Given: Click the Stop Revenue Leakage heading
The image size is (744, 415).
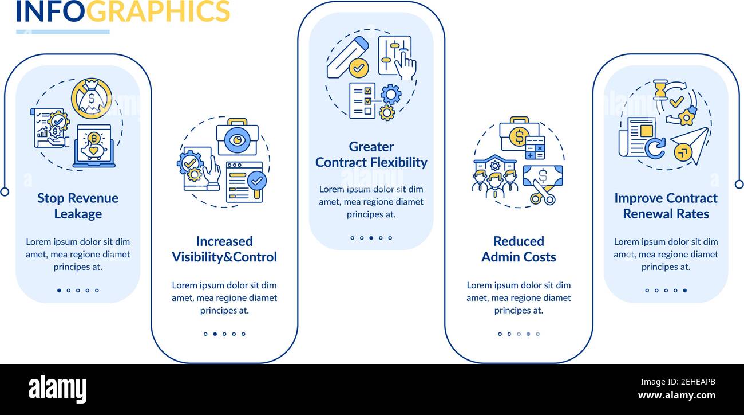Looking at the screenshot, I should [x=78, y=206].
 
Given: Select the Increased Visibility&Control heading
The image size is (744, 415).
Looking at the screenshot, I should [x=224, y=249].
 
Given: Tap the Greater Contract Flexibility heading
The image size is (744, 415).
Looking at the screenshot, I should [x=371, y=155].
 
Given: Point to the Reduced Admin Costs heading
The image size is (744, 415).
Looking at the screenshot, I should [x=519, y=249].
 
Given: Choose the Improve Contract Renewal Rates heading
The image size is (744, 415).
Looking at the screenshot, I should [x=666, y=206].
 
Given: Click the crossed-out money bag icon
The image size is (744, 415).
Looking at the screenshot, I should [x=92, y=99].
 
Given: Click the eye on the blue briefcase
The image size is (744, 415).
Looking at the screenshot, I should [x=237, y=139].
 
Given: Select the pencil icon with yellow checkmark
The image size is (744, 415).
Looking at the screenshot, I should [x=349, y=58].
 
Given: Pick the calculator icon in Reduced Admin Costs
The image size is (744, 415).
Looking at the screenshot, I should [x=535, y=148].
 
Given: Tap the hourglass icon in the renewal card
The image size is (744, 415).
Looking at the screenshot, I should [x=660, y=89].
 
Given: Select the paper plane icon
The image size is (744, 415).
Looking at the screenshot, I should [x=688, y=146].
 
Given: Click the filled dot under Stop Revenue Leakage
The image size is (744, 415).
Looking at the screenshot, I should [x=59, y=291].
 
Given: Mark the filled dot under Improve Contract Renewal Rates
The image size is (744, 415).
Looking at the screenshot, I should [x=684, y=291].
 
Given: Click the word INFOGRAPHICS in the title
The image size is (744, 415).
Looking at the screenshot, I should [x=123, y=11].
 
